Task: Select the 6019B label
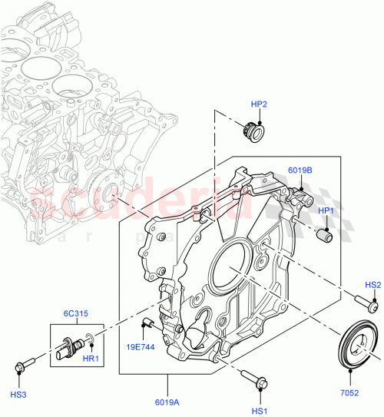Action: [300, 170]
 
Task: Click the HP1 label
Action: [326, 211]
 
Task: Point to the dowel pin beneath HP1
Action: [323, 237]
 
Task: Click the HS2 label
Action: [372, 285]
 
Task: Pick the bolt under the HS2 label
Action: [363, 300]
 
